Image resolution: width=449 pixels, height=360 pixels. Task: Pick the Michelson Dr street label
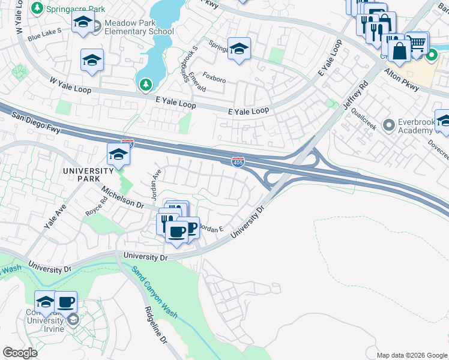123,197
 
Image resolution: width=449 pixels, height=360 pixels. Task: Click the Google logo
20,353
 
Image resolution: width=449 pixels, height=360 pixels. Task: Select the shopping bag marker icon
399,52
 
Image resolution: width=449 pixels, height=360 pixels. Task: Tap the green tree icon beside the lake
145,85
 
